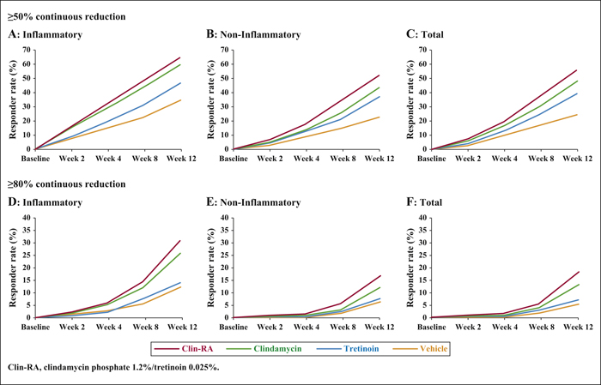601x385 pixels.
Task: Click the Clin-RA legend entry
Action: point(183,349)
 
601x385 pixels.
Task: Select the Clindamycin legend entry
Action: point(264,349)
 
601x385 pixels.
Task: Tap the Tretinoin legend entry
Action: point(348,349)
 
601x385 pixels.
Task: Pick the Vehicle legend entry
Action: point(421,349)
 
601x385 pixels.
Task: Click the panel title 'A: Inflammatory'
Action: point(46,34)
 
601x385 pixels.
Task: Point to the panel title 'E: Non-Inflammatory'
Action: point(253,202)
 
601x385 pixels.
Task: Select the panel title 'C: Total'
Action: point(425,34)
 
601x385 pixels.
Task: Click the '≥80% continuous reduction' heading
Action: point(67,184)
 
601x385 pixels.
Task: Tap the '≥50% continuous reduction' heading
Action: point(67,17)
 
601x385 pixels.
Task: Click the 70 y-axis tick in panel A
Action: point(26,50)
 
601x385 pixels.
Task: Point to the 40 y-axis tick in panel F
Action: point(422,218)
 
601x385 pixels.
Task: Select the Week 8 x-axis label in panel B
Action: point(343,159)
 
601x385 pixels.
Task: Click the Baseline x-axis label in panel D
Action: point(35,328)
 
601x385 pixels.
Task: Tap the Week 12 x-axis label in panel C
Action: point(578,159)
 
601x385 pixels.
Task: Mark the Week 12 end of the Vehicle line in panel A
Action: point(181,99)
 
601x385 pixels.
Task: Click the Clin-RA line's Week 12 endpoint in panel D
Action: point(181,240)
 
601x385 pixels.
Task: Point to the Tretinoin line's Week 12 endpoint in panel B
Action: point(379,96)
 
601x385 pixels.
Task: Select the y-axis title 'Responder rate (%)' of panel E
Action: point(210,268)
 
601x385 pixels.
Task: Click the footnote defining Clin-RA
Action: point(113,367)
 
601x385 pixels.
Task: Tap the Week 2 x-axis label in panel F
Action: point(469,328)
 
